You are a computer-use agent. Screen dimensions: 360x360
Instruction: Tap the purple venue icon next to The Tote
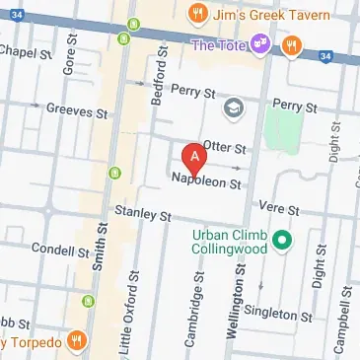point(260,44)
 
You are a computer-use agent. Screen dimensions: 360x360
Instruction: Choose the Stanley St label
point(143,213)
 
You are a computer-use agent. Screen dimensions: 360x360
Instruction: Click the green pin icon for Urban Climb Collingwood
point(280,238)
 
